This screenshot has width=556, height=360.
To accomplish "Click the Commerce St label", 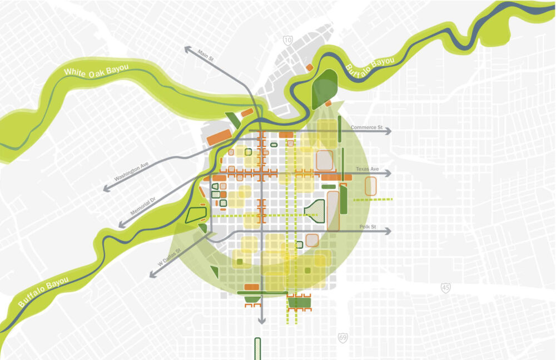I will [x=367, y=127].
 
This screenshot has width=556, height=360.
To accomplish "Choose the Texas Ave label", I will [x=367, y=169].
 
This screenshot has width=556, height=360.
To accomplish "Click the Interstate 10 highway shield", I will [x=287, y=40].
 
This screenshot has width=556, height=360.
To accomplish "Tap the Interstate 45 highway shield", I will [x=446, y=287].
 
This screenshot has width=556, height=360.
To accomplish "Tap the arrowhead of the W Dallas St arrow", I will [x=151, y=275].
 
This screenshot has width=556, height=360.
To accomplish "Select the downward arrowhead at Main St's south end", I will [x=261, y=321].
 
